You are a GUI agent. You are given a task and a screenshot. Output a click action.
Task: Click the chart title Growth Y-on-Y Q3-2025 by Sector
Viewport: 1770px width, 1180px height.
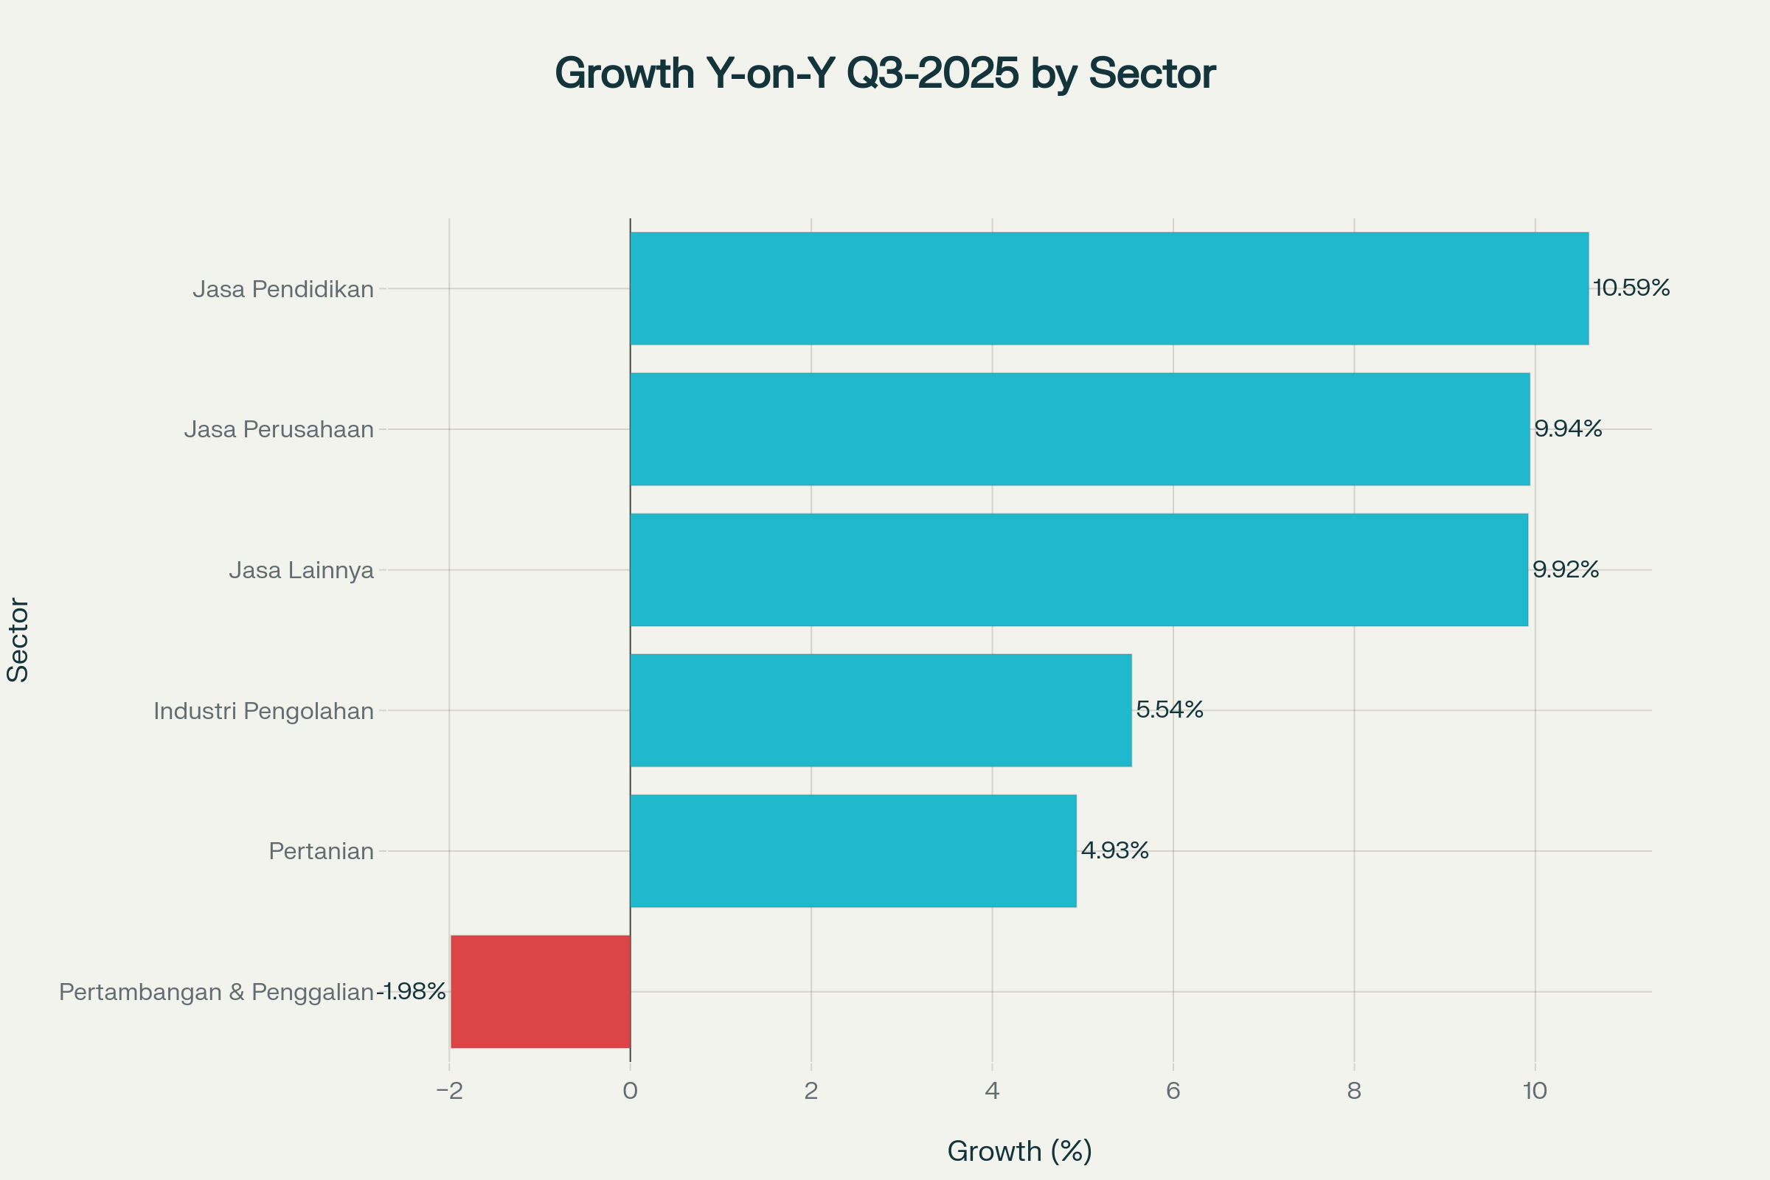pos(885,74)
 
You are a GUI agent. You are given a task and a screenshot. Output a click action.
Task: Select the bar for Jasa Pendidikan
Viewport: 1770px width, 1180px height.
pos(1109,288)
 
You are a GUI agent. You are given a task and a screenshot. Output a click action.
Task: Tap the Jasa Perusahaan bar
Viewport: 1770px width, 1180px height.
pos(1080,429)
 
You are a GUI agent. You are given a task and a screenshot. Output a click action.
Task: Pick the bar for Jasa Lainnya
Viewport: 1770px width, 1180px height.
pos(1079,569)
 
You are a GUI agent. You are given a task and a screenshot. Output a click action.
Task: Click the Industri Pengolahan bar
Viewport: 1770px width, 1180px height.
pos(881,710)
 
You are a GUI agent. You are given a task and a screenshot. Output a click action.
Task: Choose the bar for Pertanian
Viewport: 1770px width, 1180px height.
pos(853,851)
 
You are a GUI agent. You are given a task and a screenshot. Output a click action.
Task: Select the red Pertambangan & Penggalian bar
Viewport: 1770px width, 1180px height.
pos(541,991)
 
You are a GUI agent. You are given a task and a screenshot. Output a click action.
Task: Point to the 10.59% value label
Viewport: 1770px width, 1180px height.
pos(1631,288)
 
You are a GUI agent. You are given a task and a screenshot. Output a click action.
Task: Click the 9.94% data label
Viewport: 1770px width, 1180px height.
pos(1569,429)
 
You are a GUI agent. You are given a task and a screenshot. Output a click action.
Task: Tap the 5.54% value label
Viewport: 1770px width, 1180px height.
pos(1170,709)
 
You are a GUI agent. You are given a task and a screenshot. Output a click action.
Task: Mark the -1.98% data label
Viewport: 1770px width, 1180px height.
pos(412,992)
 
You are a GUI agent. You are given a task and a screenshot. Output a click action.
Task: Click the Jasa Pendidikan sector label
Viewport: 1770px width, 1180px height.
pos(283,289)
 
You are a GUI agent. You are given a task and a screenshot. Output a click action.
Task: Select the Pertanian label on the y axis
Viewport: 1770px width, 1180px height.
pos(322,851)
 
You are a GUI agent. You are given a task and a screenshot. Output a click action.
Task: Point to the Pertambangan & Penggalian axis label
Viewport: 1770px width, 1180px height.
pos(216,992)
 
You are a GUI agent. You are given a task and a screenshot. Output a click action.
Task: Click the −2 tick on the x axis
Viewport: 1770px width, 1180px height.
pos(449,1091)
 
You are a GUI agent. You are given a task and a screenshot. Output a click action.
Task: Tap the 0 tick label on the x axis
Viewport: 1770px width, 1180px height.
pos(630,1091)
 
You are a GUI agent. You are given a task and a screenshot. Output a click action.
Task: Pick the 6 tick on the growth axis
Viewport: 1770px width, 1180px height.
pos(1173,1091)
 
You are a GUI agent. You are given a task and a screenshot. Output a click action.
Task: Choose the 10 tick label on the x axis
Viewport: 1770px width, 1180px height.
pos(1535,1091)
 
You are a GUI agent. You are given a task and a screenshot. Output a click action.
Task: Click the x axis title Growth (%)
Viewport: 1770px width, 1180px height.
pos(1019,1150)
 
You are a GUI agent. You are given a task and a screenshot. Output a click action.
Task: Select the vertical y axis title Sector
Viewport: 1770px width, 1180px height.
pos(18,639)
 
